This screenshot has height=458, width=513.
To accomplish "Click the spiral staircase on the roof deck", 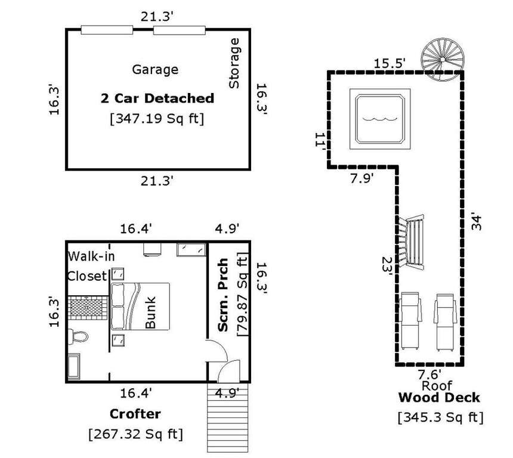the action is tap(443, 60).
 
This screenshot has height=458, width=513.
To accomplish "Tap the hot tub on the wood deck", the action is tap(380, 119).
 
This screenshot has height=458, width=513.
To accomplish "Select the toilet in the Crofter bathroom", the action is tap(78, 336).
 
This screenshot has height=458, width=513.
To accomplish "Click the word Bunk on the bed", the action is tap(150, 312).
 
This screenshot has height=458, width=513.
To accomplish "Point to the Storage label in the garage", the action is tap(234, 63).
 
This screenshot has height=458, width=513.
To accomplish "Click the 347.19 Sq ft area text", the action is tap(157, 119).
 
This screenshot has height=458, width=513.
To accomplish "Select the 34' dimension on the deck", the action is tap(477, 223).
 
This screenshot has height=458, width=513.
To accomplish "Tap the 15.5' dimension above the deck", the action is tap(390, 63).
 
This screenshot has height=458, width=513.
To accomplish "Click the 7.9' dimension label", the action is tap(361, 179).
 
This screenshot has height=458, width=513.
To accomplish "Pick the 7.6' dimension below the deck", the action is tap(429, 374).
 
